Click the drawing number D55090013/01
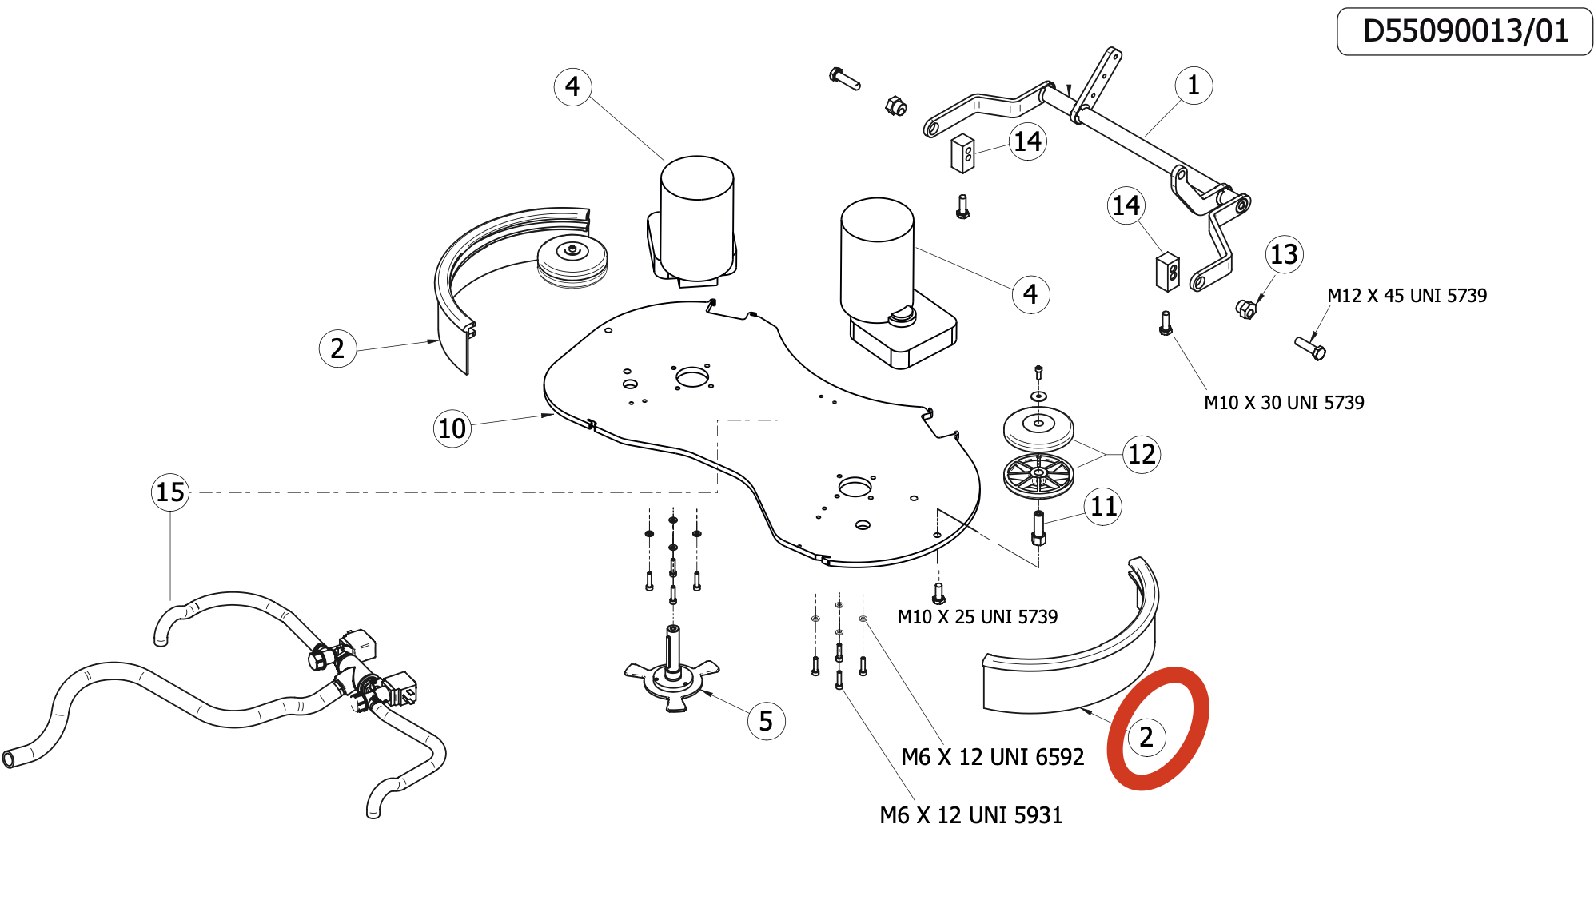coord(1464,31)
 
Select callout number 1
coord(1193,86)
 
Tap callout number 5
coord(766,721)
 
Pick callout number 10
coord(452,428)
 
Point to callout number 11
coord(1103,506)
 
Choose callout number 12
coord(1141,454)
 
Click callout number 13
coord(1284,254)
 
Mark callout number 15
coord(170,492)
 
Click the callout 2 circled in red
coord(1146,737)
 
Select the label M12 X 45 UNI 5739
coord(1407,296)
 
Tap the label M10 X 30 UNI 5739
coord(1284,403)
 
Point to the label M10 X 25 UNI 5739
coord(977,617)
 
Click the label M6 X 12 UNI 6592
coord(992,757)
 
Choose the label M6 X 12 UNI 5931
coord(970,815)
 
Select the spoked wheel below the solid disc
coord(1038,475)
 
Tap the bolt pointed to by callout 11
coord(1038,528)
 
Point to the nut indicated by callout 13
coord(1245,309)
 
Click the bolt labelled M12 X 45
coord(1310,348)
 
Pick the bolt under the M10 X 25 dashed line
coord(938,594)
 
